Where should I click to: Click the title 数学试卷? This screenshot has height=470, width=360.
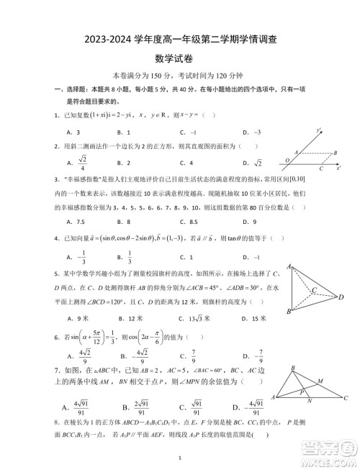179,58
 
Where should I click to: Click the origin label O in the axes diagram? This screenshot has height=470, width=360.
287,160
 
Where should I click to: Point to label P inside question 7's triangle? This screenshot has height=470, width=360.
302,393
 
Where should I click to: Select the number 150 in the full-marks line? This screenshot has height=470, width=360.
162,75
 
